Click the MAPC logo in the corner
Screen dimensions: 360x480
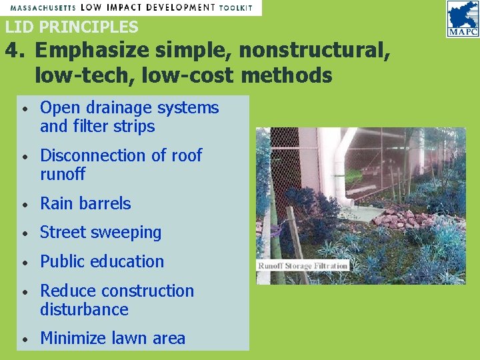[x=462, y=19]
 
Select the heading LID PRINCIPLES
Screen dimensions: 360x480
[x=72, y=27]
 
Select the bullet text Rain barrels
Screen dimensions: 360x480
[x=85, y=203]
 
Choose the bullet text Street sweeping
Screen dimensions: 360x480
[x=101, y=233]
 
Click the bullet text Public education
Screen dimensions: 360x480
[x=102, y=261]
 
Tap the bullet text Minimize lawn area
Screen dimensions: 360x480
[x=113, y=339]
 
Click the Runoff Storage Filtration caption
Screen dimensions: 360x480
[x=303, y=265]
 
